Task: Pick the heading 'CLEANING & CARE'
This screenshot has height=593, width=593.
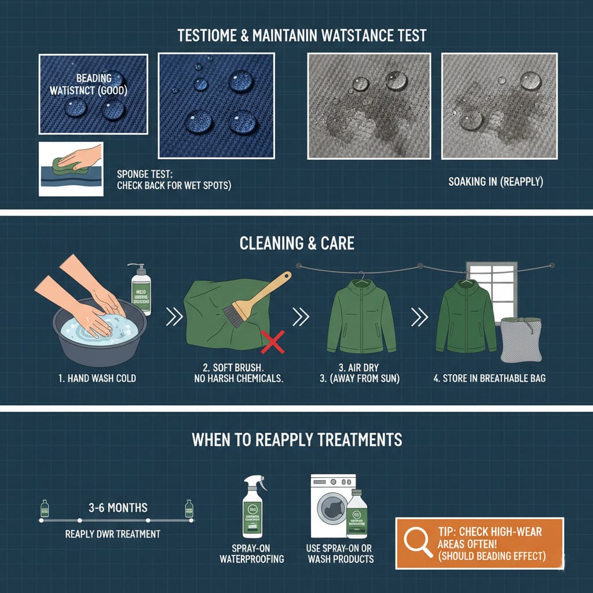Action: pos(296,243)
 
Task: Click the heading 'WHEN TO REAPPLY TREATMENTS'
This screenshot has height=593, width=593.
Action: pos(296,440)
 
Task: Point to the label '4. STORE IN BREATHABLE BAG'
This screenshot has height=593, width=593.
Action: pos(490,379)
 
